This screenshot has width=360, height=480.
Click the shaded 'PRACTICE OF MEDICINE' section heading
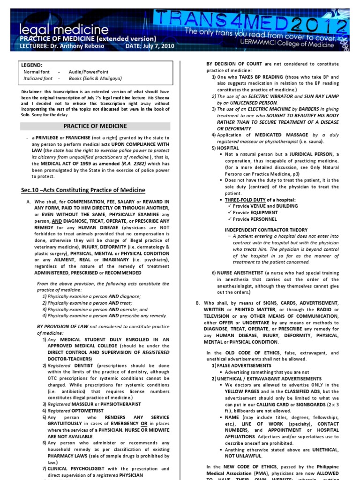(95, 126)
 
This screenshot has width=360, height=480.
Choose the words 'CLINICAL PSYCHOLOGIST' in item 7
(75, 469)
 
